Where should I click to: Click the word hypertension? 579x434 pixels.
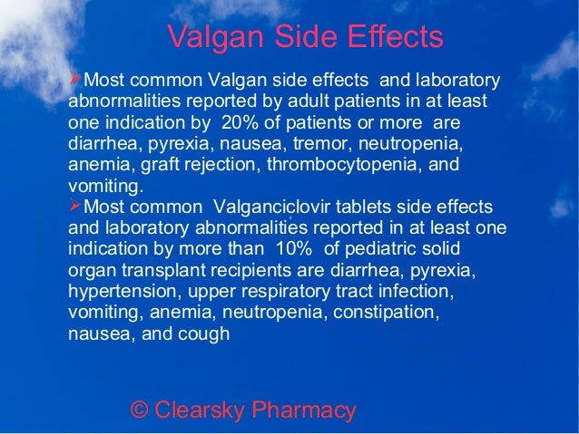[x=119, y=291]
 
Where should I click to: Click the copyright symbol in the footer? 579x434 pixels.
[x=140, y=410]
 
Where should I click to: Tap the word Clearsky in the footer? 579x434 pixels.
[x=199, y=410]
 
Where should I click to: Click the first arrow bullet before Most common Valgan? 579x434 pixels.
[x=75, y=80]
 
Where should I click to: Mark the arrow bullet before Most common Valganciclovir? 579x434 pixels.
[x=75, y=206]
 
